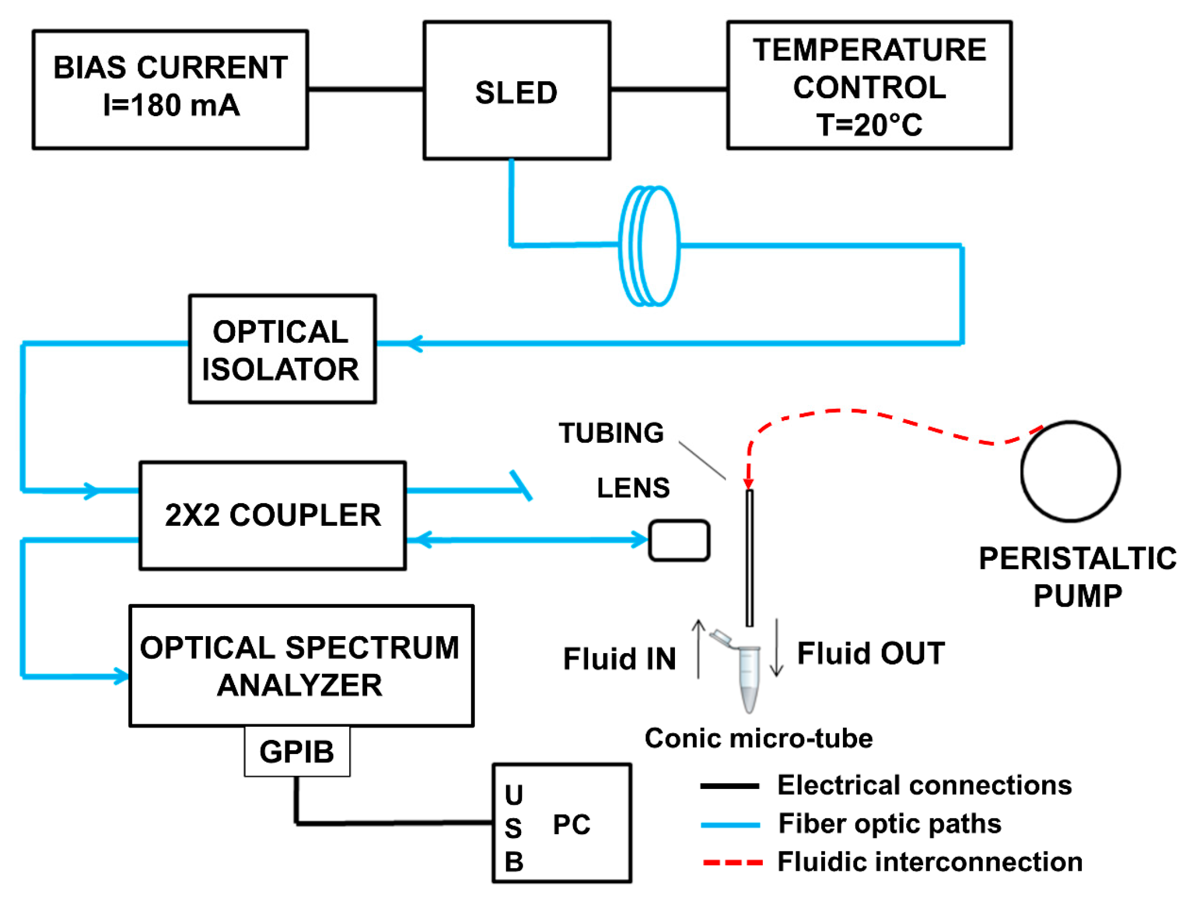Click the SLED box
click(x=516, y=91)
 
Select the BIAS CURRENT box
click(x=170, y=89)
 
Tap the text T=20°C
click(x=869, y=125)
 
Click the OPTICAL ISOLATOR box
click(x=282, y=349)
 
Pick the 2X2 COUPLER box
click(x=272, y=516)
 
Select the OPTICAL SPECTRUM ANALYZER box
click(x=301, y=666)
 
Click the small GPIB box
click(x=297, y=751)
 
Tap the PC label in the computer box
click(x=571, y=824)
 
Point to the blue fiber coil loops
click(x=649, y=246)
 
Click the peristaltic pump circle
click(x=1070, y=471)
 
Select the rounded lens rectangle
click(x=679, y=540)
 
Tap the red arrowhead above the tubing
click(x=749, y=483)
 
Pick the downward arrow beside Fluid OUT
click(x=776, y=648)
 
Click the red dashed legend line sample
click(x=732, y=863)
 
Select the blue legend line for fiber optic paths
click(x=730, y=825)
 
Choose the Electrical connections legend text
click(x=924, y=786)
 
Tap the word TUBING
click(x=611, y=433)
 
